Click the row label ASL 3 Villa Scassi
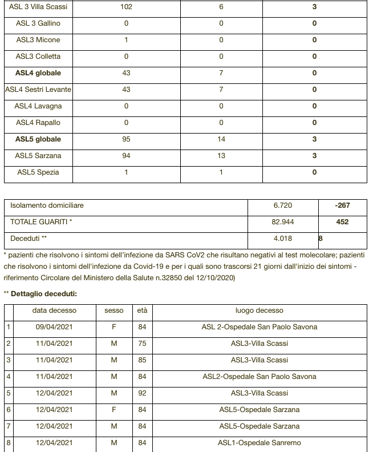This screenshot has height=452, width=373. click(x=38, y=7)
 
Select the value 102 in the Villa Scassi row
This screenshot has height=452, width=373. click(x=126, y=7)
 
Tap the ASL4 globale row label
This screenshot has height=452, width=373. click(x=38, y=73)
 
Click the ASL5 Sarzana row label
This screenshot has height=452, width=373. click(x=38, y=156)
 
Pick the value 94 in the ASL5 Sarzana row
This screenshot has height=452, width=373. click(x=126, y=156)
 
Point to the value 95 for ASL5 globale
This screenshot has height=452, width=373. click(x=126, y=139)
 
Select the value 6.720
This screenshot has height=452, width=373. click(x=283, y=205)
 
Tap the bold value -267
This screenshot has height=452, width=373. click(x=342, y=205)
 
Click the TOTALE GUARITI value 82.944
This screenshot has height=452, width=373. click(x=283, y=222)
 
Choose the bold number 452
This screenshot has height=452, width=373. click(x=342, y=222)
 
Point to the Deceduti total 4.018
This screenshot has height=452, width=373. click(x=283, y=239)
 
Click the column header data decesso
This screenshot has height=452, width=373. click(x=54, y=311)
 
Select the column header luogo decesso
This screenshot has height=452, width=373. click(x=260, y=311)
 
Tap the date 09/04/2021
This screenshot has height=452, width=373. click(x=54, y=328)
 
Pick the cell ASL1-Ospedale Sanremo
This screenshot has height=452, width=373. click(x=260, y=443)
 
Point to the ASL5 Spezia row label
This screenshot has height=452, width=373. click(x=38, y=172)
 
